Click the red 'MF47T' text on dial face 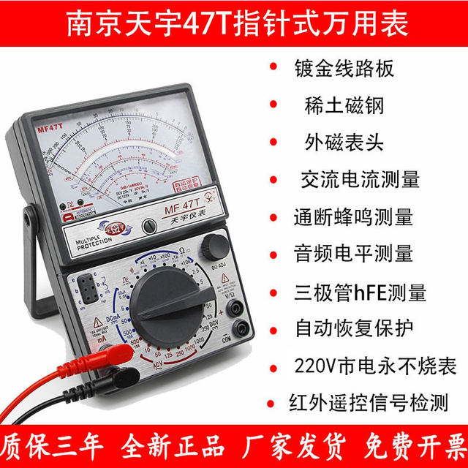48,129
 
